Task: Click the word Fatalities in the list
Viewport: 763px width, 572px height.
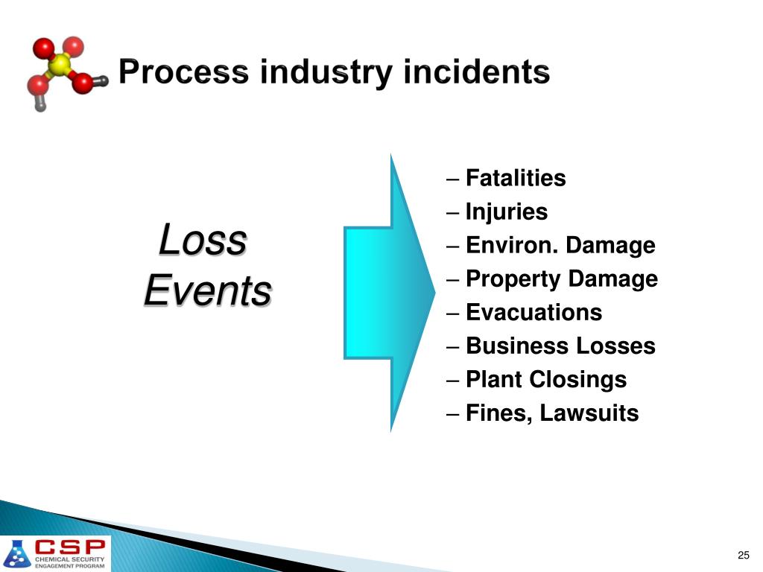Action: pyautogui.click(x=516, y=179)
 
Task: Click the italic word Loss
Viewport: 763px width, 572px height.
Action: pyautogui.click(x=203, y=241)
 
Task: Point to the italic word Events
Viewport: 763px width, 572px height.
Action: pyautogui.click(x=207, y=290)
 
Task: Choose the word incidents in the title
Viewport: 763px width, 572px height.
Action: pyautogui.click(x=477, y=73)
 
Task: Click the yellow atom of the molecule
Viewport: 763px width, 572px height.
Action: pyautogui.click(x=60, y=66)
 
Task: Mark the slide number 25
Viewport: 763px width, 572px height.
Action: pyautogui.click(x=743, y=555)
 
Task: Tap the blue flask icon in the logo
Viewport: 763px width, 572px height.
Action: pyautogui.click(x=18, y=554)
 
